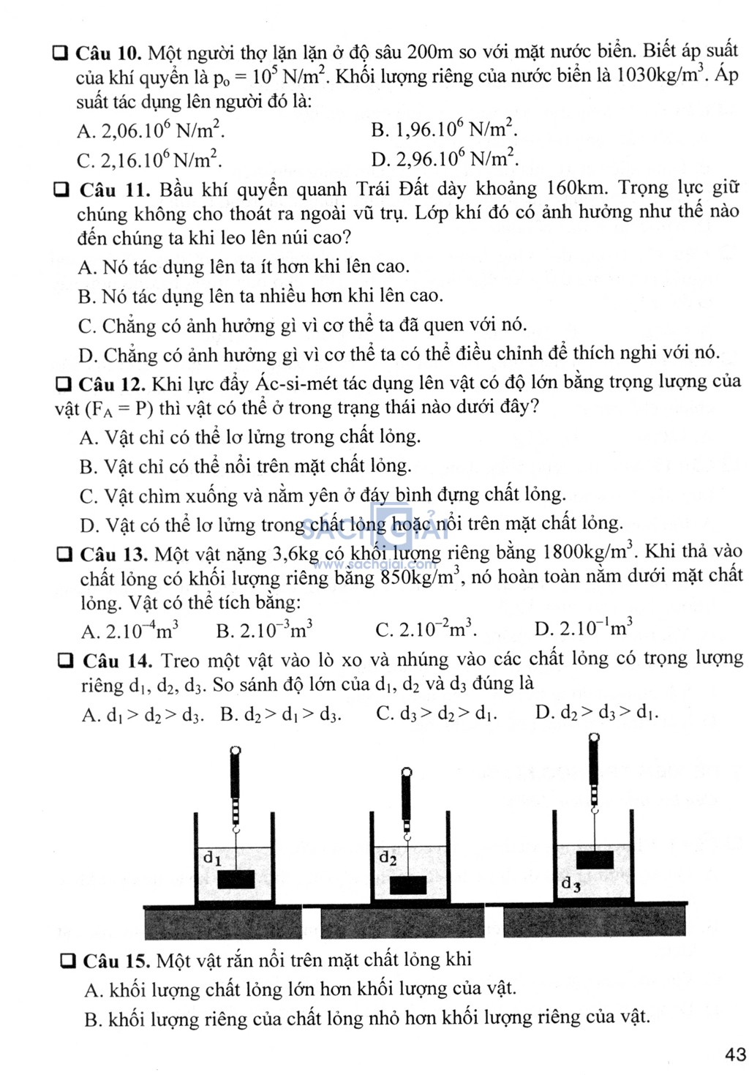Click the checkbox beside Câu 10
[x=61, y=53]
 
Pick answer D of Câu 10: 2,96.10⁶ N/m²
[x=445, y=158]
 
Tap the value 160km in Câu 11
[x=576, y=189]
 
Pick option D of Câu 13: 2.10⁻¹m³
[x=584, y=629]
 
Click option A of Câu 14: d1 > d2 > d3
[x=143, y=714]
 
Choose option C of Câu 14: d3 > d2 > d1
[x=437, y=713]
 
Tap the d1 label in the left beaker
[x=212, y=857]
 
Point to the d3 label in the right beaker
[x=571, y=885]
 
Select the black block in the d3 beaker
[x=595, y=860]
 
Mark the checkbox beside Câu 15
[x=69, y=960]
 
